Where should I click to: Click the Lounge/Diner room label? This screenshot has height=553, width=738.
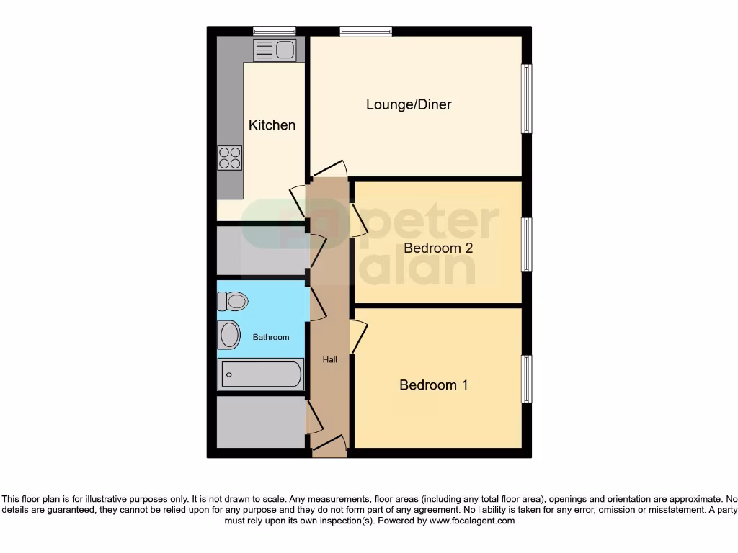tap(409, 104)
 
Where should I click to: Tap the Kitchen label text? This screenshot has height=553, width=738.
tap(272, 125)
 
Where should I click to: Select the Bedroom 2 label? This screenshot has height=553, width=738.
tap(437, 248)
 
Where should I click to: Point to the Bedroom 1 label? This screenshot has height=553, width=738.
tap(433, 385)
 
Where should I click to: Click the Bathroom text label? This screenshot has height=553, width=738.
tap(271, 337)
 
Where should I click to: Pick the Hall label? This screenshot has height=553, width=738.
tap(329, 359)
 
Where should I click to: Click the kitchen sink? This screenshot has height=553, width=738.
tap(274, 50)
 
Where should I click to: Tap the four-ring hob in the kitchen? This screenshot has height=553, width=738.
tap(230, 158)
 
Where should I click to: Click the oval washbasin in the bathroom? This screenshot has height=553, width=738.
tap(230, 335)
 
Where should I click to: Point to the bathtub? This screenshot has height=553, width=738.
tap(261, 374)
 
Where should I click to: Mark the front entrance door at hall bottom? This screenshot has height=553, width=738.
tap(329, 446)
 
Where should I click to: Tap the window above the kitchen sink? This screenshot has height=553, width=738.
tap(274, 31)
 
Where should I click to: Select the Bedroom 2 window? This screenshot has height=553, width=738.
tap(528, 245)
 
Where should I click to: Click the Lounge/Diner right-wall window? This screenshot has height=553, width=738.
tap(528, 99)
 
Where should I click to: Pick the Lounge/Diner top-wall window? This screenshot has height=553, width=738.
tap(366, 31)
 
